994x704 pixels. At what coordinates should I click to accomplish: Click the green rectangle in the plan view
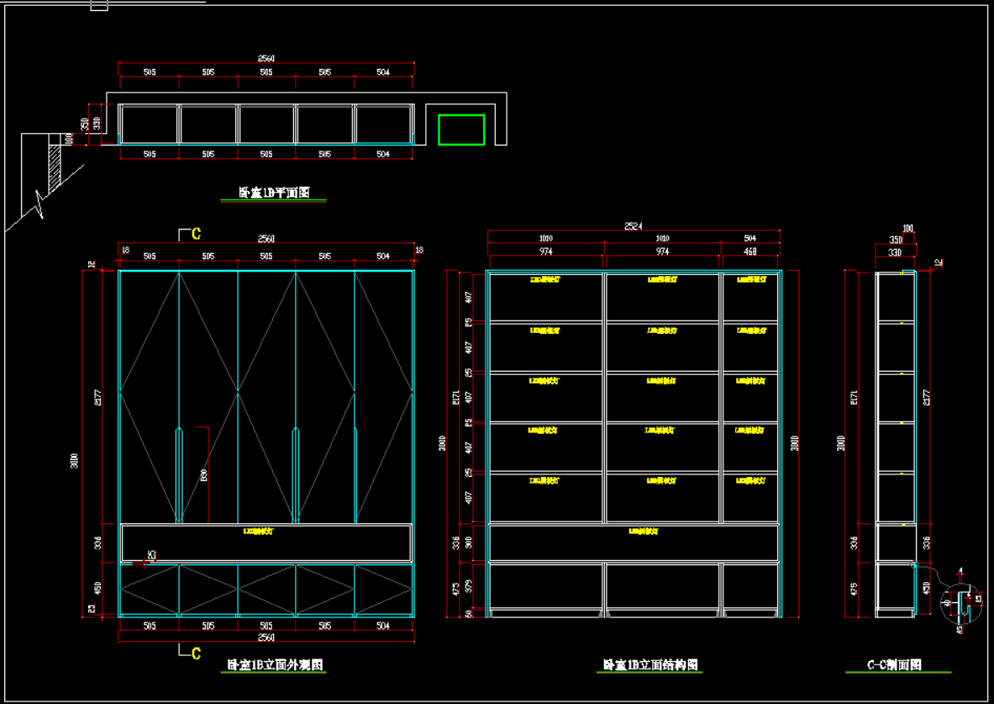click(x=461, y=130)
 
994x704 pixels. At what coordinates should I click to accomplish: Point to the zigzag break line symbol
click(x=39, y=204)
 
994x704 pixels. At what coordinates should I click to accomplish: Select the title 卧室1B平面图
click(x=273, y=193)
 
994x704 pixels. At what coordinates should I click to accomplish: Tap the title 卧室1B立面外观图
click(x=276, y=664)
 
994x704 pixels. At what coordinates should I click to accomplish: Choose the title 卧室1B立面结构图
click(x=650, y=664)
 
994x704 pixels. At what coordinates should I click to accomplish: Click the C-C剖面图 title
click(x=895, y=664)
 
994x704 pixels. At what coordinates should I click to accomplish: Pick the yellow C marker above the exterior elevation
click(x=196, y=233)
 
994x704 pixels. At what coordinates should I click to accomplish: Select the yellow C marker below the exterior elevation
click(x=196, y=653)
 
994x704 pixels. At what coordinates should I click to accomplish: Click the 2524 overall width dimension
click(x=633, y=225)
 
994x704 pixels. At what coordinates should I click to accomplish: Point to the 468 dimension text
click(x=749, y=251)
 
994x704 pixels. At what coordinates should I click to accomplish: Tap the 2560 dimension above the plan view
click(x=266, y=58)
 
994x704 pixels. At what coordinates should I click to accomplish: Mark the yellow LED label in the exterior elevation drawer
click(x=258, y=531)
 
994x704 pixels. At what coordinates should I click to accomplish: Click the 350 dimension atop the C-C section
click(x=896, y=240)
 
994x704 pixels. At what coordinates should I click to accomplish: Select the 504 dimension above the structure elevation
click(x=749, y=239)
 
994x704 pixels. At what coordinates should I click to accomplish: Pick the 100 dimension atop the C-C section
click(x=907, y=228)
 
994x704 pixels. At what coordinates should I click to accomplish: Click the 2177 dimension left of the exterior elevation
click(x=97, y=394)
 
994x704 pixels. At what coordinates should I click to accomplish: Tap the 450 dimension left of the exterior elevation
click(x=97, y=586)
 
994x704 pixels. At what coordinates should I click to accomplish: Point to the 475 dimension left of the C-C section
click(x=855, y=588)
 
